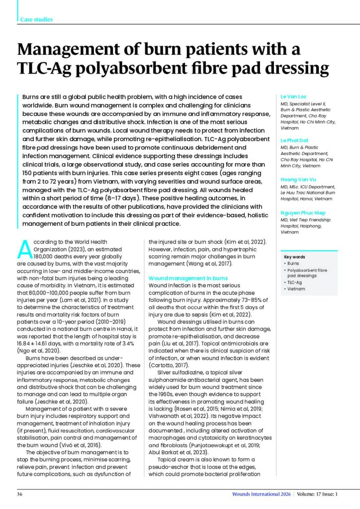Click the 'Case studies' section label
point(36,20)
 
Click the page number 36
point(20,494)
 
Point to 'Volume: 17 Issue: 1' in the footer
point(318,494)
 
